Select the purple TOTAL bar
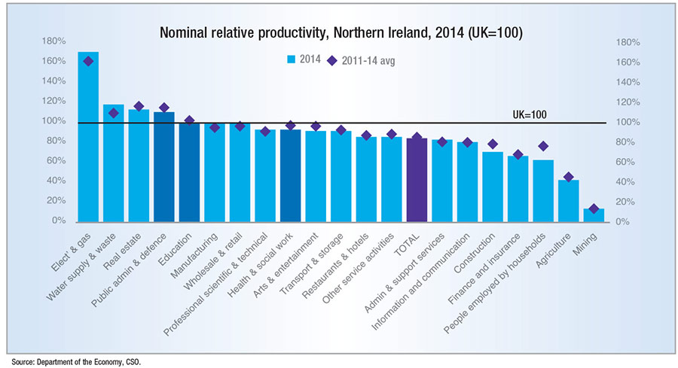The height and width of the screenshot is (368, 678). coord(417,180)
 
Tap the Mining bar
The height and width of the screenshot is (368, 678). coord(594,215)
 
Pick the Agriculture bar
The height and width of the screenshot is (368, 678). coord(568,201)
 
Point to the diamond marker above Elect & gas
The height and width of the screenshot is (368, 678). coord(88,61)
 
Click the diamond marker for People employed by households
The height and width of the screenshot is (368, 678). coord(543,146)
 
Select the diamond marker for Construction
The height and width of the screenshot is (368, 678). coord(493,144)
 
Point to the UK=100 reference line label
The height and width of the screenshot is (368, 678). coord(529,115)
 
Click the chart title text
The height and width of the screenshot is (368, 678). coord(341,34)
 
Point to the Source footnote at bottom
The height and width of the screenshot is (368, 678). coord(75,362)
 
